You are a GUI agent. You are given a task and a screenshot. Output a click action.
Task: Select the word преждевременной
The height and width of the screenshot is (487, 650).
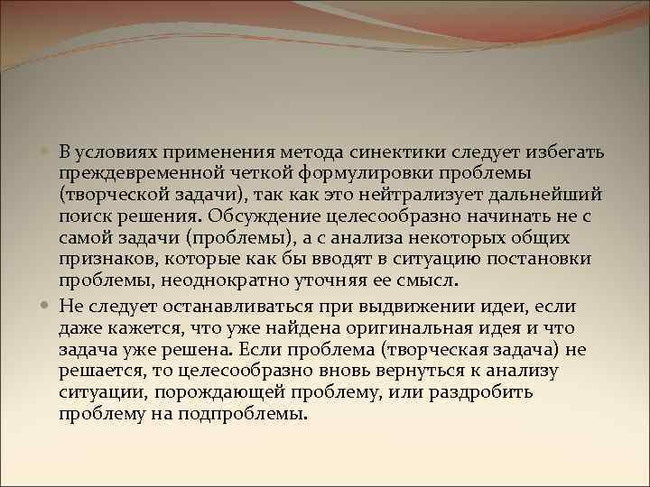click(126, 171)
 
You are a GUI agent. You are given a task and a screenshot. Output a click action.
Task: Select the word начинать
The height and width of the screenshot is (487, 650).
click(503, 216)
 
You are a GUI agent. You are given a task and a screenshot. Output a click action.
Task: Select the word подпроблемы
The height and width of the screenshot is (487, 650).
click(253, 414)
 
